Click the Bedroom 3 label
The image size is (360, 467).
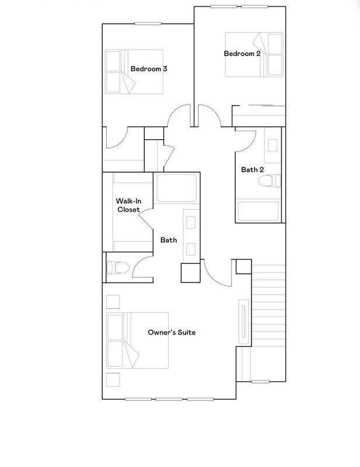[149, 69]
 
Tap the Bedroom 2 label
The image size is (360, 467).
[242, 54]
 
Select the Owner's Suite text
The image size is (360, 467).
[172, 332]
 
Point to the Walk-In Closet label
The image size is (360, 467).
[128, 205]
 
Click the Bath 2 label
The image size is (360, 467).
[252, 170]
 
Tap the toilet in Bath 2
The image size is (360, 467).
[269, 181]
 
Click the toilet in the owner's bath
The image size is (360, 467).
[118, 267]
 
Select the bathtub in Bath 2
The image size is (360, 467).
[258, 211]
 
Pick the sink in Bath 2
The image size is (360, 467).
[272, 145]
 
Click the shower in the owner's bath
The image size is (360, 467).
[177, 188]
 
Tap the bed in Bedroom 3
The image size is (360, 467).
[134, 72]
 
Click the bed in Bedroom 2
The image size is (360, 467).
[254, 54]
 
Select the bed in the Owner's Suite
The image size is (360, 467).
[138, 340]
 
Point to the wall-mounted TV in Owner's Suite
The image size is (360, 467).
[244, 322]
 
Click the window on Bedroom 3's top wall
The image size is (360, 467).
[148, 24]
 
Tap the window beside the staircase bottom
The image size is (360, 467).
[260, 382]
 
